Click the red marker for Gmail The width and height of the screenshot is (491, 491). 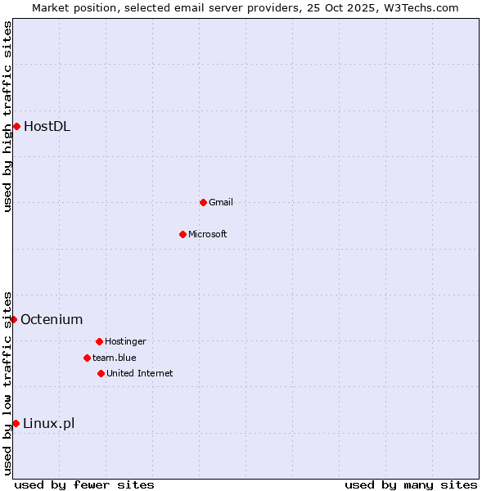pyautogui.click(x=203, y=202)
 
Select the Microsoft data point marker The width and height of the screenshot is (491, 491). pyautogui.click(x=182, y=234)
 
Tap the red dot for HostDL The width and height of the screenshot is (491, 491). pyautogui.click(x=16, y=126)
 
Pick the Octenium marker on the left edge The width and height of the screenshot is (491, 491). pyautogui.click(x=13, y=319)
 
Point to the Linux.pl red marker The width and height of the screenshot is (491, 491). pyautogui.click(x=16, y=423)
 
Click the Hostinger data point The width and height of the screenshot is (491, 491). pyautogui.click(x=99, y=341)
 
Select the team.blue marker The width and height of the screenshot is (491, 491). pyautogui.click(x=87, y=358)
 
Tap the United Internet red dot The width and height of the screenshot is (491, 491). pyautogui.click(x=101, y=373)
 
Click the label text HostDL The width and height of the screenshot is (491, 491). pyautogui.click(x=47, y=126)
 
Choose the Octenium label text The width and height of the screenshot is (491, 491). pyautogui.click(x=52, y=319)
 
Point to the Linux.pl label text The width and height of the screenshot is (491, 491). pyautogui.click(x=48, y=423)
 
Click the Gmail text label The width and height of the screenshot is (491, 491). pyautogui.click(x=221, y=202)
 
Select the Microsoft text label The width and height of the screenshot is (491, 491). pyautogui.click(x=208, y=234)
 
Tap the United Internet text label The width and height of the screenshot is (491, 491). pyautogui.click(x=140, y=373)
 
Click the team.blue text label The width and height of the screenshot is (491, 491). pyautogui.click(x=115, y=358)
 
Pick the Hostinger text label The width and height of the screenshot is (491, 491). pyautogui.click(x=125, y=341)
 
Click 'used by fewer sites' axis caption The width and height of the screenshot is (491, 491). pyautogui.click(x=84, y=484)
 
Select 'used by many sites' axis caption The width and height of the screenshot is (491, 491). pyautogui.click(x=411, y=484)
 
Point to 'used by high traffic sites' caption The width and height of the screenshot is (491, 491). pyautogui.click(x=7, y=116)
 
